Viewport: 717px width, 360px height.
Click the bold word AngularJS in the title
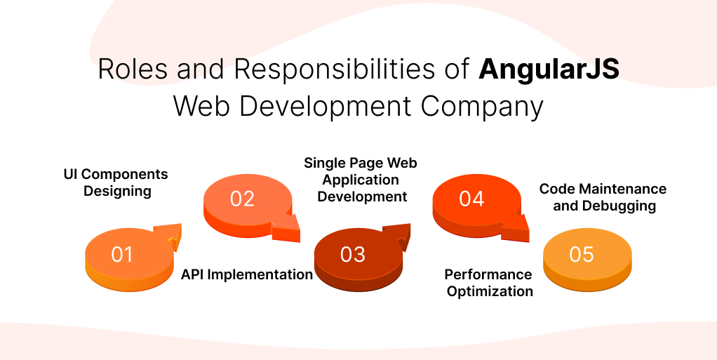pyautogui.click(x=549, y=70)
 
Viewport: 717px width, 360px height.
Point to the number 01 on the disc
pyautogui.click(x=122, y=254)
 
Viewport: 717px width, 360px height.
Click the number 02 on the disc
pyautogui.click(x=242, y=199)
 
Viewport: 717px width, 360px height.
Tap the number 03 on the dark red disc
pyautogui.click(x=353, y=254)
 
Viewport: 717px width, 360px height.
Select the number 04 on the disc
pyautogui.click(x=471, y=199)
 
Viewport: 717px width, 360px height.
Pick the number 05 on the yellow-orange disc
pyautogui.click(x=582, y=254)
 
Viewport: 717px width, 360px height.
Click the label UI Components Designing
pyautogui.click(x=116, y=182)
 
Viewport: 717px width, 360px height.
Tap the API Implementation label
pyautogui.click(x=247, y=274)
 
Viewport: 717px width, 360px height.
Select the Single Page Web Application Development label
pyautogui.click(x=361, y=180)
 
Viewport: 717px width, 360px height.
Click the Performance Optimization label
pyautogui.click(x=489, y=283)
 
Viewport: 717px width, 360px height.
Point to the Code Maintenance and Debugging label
pyautogui.click(x=603, y=197)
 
